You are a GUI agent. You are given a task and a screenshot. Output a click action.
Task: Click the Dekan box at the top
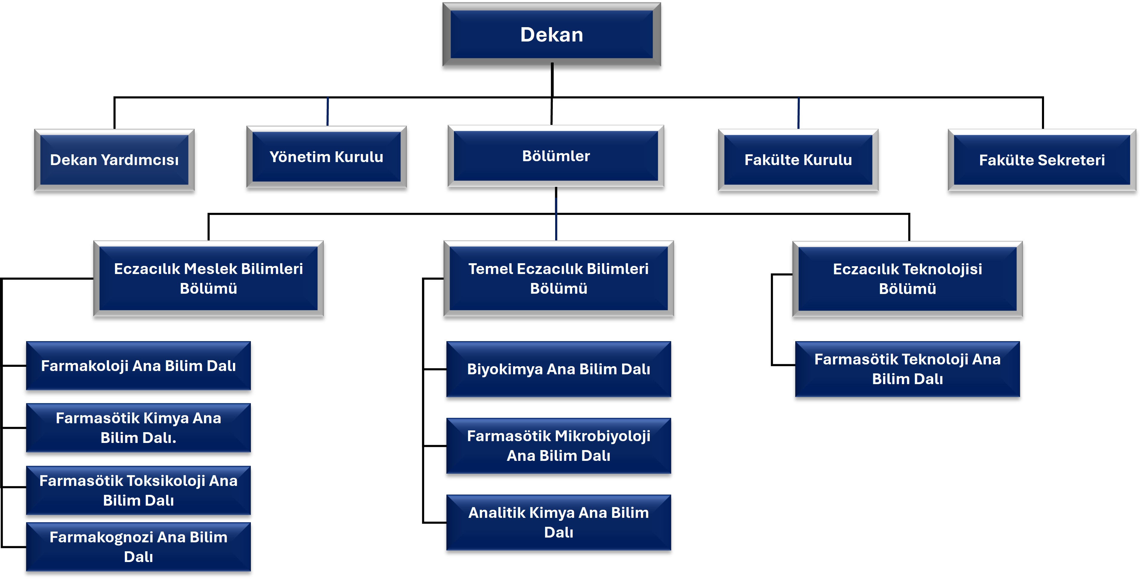[552, 35]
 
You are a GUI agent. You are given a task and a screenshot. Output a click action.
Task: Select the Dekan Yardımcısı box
[114, 160]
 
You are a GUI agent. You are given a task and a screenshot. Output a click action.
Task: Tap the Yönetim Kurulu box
[327, 157]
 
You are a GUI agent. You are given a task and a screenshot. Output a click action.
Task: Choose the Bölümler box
[556, 156]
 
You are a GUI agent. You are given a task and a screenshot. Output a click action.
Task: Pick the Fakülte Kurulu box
[798, 160]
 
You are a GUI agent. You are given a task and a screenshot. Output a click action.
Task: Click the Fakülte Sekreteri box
[1042, 160]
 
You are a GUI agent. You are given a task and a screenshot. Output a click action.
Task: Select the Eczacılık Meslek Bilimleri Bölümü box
[208, 278]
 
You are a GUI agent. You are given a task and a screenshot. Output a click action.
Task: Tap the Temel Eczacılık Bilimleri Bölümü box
[558, 278]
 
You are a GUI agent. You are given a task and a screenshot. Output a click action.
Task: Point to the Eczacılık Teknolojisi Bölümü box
[908, 279]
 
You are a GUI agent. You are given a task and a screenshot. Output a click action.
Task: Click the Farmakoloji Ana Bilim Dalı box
[138, 366]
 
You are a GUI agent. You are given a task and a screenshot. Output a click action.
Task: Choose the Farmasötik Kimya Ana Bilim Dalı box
[138, 428]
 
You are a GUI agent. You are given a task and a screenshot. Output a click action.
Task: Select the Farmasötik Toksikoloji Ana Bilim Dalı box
[138, 490]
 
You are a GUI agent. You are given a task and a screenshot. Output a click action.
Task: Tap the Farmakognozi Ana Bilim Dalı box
[138, 547]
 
